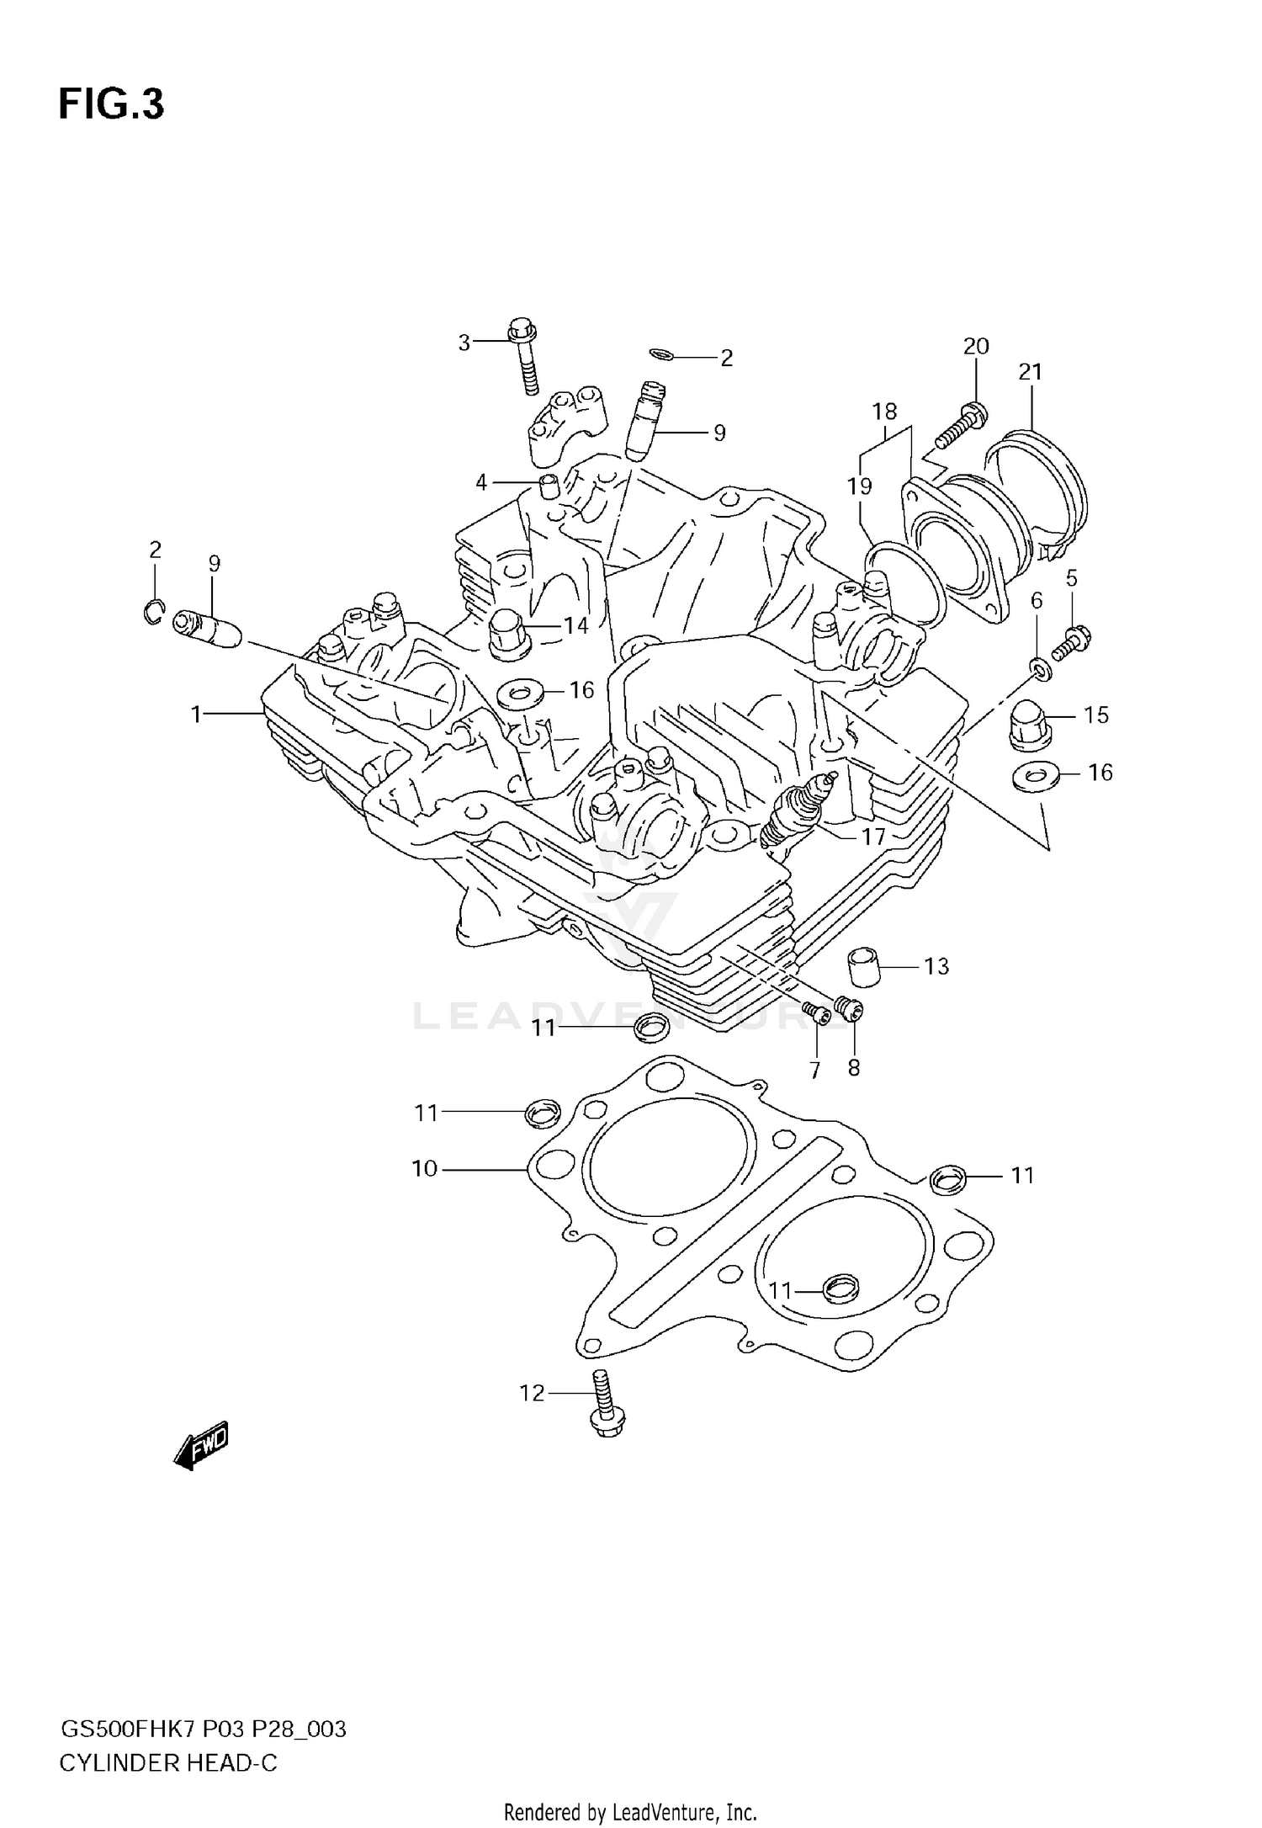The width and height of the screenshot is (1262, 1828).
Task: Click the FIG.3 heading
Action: [111, 105]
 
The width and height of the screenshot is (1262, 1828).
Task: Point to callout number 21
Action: [1030, 372]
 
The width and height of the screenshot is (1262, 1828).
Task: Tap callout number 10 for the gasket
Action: [425, 1169]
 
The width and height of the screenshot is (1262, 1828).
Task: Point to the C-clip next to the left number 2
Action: [152, 613]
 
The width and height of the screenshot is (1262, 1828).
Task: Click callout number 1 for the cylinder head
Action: [196, 715]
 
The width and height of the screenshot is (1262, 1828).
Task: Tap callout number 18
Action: [884, 412]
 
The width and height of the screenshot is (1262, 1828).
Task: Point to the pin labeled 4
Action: [549, 486]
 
